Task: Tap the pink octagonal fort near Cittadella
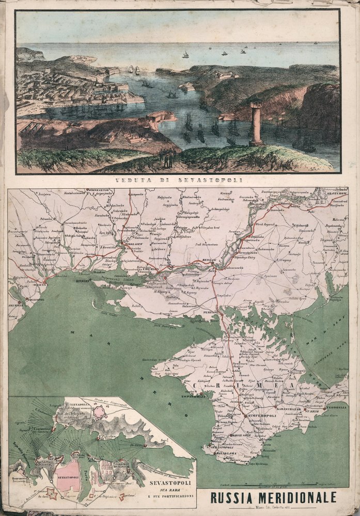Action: click(101, 412)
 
